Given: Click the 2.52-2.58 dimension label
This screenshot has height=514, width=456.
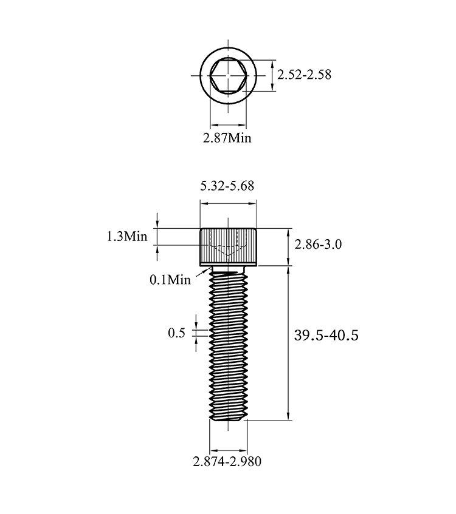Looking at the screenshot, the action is [x=304, y=75].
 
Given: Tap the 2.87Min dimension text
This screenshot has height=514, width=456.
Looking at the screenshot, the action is [x=227, y=138].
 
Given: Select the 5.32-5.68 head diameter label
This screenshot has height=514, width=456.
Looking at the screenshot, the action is [x=227, y=186].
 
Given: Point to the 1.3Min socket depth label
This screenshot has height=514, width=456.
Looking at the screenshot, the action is [x=127, y=236].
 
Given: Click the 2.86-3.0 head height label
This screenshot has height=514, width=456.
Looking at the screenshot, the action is [x=318, y=244].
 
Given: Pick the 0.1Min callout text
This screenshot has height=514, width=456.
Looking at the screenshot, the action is [x=170, y=280].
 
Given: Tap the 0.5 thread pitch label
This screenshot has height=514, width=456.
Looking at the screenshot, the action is [x=177, y=333].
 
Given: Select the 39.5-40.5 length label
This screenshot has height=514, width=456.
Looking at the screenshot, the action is [x=326, y=336].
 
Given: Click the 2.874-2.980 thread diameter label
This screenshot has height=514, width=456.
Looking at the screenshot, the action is [x=227, y=462].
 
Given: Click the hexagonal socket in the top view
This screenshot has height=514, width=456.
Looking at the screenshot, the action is [x=228, y=76].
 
